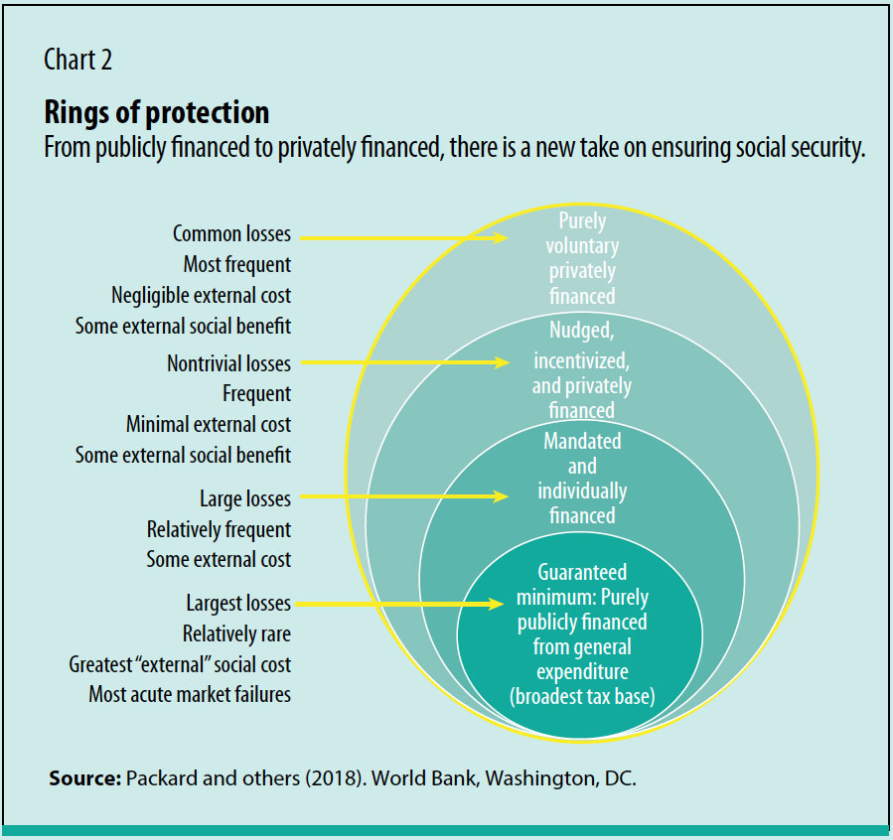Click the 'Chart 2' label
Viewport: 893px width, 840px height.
pos(77,60)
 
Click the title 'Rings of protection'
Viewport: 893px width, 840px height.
pos(156,111)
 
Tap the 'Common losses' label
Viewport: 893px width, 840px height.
pos(231,234)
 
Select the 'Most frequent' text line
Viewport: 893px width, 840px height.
pos(237,265)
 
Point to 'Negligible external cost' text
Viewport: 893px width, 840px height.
pos(202,296)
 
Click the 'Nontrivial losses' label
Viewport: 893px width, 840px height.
pos(228,363)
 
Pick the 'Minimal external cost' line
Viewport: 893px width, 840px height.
pos(209,425)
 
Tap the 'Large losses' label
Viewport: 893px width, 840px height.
pos(245,498)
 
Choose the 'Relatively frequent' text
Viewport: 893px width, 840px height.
pos(219,529)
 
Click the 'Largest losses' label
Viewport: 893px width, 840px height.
pos(238,603)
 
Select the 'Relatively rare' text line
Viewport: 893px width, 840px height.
pos(236,633)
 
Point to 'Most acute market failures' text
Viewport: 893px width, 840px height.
pos(190,695)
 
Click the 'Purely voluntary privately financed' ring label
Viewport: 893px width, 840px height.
pos(581,258)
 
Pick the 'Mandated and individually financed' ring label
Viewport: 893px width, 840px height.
pos(582,478)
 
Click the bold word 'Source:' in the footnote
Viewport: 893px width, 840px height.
pos(83,778)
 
